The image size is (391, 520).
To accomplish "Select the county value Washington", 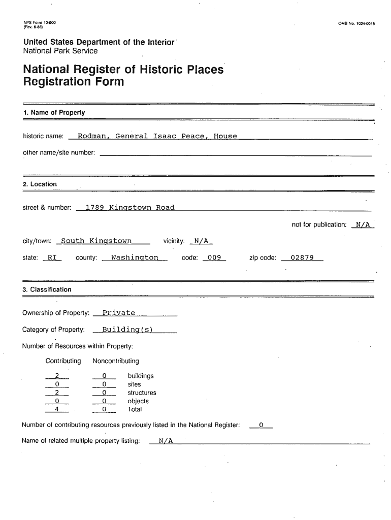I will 135,257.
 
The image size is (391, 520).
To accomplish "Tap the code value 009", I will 214,257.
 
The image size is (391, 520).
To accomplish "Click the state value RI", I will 52,257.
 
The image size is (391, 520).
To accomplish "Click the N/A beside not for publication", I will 363,224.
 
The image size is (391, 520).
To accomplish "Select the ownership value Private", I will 119,313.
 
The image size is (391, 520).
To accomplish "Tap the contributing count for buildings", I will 57,376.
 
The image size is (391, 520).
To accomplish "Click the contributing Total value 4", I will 57,409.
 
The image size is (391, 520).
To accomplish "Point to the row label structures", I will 142,393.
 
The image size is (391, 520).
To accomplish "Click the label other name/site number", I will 59,153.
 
